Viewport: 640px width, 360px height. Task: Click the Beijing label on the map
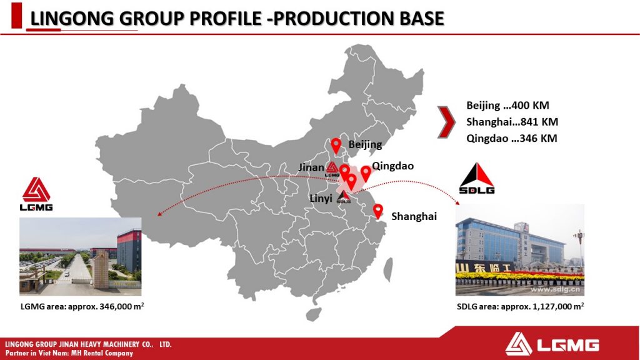pyautogui.click(x=365, y=145)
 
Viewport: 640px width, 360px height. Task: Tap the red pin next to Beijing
pyautogui.click(x=336, y=146)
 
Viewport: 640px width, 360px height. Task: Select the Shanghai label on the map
pyautogui.click(x=414, y=216)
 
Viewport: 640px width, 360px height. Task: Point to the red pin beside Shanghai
pyautogui.click(x=378, y=211)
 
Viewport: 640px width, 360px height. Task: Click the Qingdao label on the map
pyautogui.click(x=392, y=166)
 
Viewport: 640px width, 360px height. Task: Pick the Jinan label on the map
pyautogui.click(x=311, y=167)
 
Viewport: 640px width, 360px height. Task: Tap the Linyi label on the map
pyautogui.click(x=321, y=198)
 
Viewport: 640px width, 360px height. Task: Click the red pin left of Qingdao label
pyautogui.click(x=366, y=174)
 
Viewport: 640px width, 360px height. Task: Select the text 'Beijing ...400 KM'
pyautogui.click(x=507, y=105)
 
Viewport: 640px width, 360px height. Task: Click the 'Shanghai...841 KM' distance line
pyautogui.click(x=512, y=122)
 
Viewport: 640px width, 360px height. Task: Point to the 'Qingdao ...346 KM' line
pyautogui.click(x=511, y=138)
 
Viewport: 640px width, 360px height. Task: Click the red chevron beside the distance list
pyautogui.click(x=446, y=122)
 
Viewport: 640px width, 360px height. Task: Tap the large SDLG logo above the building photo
pyautogui.click(x=477, y=178)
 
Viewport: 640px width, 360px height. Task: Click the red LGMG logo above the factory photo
pyautogui.click(x=36, y=194)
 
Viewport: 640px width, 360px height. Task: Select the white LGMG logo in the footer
pyautogui.click(x=552, y=345)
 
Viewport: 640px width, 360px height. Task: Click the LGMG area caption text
pyautogui.click(x=82, y=306)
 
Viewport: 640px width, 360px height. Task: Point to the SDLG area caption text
pyautogui.click(x=521, y=306)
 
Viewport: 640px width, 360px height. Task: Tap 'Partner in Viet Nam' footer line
pyautogui.click(x=69, y=353)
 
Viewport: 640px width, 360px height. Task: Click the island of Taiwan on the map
pyautogui.click(x=388, y=270)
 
